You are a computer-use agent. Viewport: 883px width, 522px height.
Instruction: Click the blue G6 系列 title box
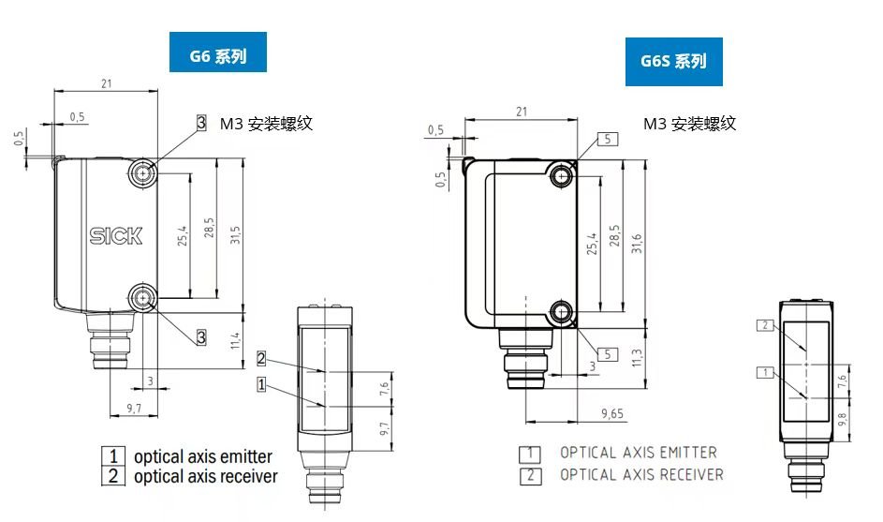(x=218, y=52)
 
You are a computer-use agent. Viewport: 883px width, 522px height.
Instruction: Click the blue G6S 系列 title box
(x=673, y=62)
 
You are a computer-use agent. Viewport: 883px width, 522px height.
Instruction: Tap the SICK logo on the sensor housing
(x=116, y=235)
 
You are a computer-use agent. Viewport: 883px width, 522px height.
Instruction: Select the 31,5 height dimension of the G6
(x=235, y=234)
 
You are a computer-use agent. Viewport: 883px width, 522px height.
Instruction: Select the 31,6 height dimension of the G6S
(x=637, y=244)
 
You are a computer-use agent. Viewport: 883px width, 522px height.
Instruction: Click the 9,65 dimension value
(x=612, y=414)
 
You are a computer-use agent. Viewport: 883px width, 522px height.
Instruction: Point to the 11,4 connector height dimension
(x=235, y=340)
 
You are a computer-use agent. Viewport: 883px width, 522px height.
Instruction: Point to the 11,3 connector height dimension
(x=637, y=357)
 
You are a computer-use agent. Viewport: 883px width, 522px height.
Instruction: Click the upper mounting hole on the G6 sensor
(x=143, y=172)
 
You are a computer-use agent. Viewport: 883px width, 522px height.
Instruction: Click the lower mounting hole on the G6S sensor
(x=562, y=312)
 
